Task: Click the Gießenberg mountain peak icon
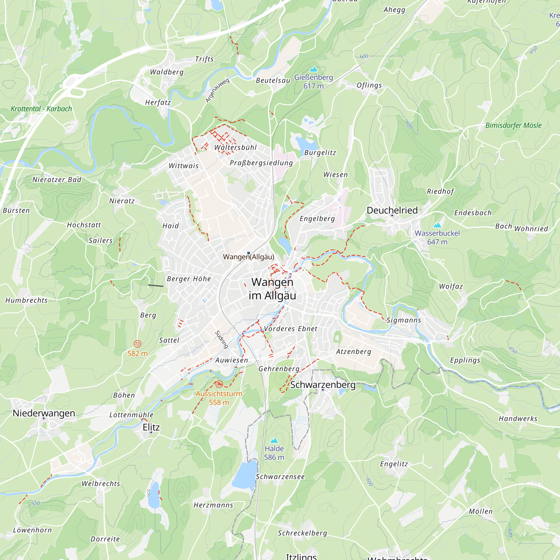click(x=313, y=69)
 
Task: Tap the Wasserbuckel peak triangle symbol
click(x=437, y=225)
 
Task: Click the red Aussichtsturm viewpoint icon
click(x=219, y=384)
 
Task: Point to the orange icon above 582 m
click(x=137, y=344)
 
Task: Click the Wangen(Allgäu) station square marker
click(x=248, y=253)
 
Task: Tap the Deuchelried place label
click(x=392, y=210)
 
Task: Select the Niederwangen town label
click(x=44, y=413)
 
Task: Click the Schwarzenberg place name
click(x=323, y=385)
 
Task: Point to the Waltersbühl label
click(x=235, y=147)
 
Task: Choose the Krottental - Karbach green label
click(x=41, y=109)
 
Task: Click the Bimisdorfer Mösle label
click(x=513, y=125)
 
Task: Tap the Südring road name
click(x=221, y=339)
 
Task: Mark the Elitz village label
click(x=151, y=427)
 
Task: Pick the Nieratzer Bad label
click(x=57, y=180)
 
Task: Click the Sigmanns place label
click(x=403, y=320)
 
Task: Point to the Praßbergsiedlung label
click(x=261, y=163)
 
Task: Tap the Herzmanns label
click(x=213, y=505)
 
